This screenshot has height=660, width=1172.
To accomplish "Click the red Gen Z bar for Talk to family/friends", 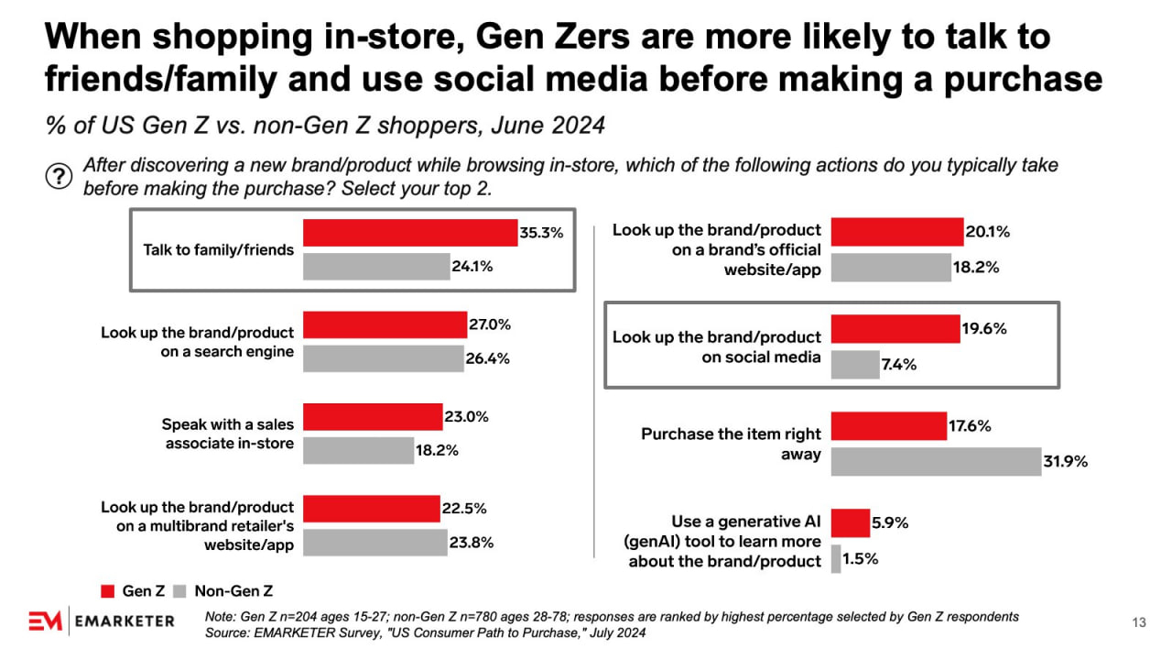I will click(410, 233).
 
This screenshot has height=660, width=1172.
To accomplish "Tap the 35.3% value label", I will click(541, 233).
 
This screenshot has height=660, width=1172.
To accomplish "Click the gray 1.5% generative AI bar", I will click(836, 558).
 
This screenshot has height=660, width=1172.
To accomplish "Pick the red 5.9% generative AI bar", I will click(851, 523).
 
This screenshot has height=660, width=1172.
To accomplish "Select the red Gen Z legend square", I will click(107, 591).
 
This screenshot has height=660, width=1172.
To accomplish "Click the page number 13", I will click(1139, 623).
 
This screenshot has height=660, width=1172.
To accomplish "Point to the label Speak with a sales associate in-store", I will click(227, 434).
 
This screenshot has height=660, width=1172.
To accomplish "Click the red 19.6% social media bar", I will click(895, 329).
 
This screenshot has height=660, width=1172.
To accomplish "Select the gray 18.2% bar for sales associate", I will click(358, 450).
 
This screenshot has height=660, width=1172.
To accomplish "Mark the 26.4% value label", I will click(488, 358).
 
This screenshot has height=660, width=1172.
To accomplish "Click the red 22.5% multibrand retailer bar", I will click(371, 508).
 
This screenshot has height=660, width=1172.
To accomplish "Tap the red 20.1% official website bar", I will click(897, 232).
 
